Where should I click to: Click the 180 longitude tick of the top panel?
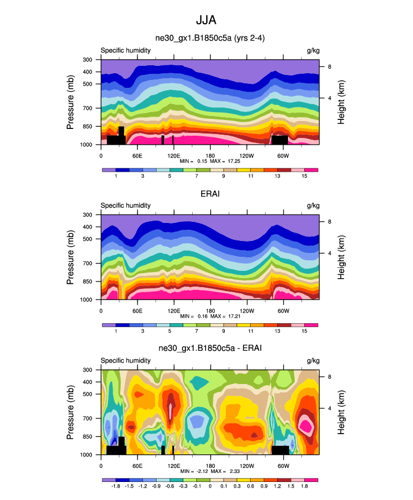[x=210, y=155]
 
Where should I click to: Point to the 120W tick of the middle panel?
[x=246, y=311]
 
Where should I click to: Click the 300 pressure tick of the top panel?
[x=87, y=60]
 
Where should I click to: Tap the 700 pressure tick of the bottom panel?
[x=87, y=418]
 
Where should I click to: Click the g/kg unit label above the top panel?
[x=313, y=51]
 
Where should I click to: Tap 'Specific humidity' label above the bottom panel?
[x=126, y=361]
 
